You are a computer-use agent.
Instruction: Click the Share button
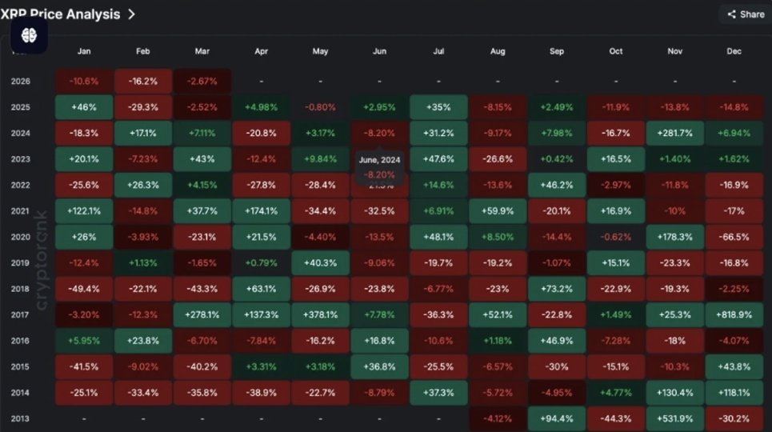(745, 14)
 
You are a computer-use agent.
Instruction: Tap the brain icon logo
(30, 35)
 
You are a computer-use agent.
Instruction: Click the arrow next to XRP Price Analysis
(131, 14)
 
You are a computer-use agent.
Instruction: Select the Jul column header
(438, 51)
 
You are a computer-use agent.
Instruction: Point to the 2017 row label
(22, 314)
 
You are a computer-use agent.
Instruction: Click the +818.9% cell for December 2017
(734, 315)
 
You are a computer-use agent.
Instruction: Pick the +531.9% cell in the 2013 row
(675, 418)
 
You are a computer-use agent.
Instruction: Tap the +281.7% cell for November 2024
(675, 133)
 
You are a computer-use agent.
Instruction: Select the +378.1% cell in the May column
(320, 315)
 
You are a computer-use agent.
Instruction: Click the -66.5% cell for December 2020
(734, 237)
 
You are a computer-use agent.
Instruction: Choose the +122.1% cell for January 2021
(83, 211)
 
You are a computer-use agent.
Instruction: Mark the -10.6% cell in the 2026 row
(83, 81)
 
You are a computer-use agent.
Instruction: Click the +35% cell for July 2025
(438, 106)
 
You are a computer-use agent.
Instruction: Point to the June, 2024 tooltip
(379, 166)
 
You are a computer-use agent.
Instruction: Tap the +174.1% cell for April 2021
(261, 211)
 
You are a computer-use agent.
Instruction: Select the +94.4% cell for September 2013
(557, 418)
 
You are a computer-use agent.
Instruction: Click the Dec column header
(734, 51)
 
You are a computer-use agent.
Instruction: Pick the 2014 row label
(22, 392)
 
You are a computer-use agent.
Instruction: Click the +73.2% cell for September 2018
(557, 289)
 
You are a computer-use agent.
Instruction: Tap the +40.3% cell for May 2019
(320, 263)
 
